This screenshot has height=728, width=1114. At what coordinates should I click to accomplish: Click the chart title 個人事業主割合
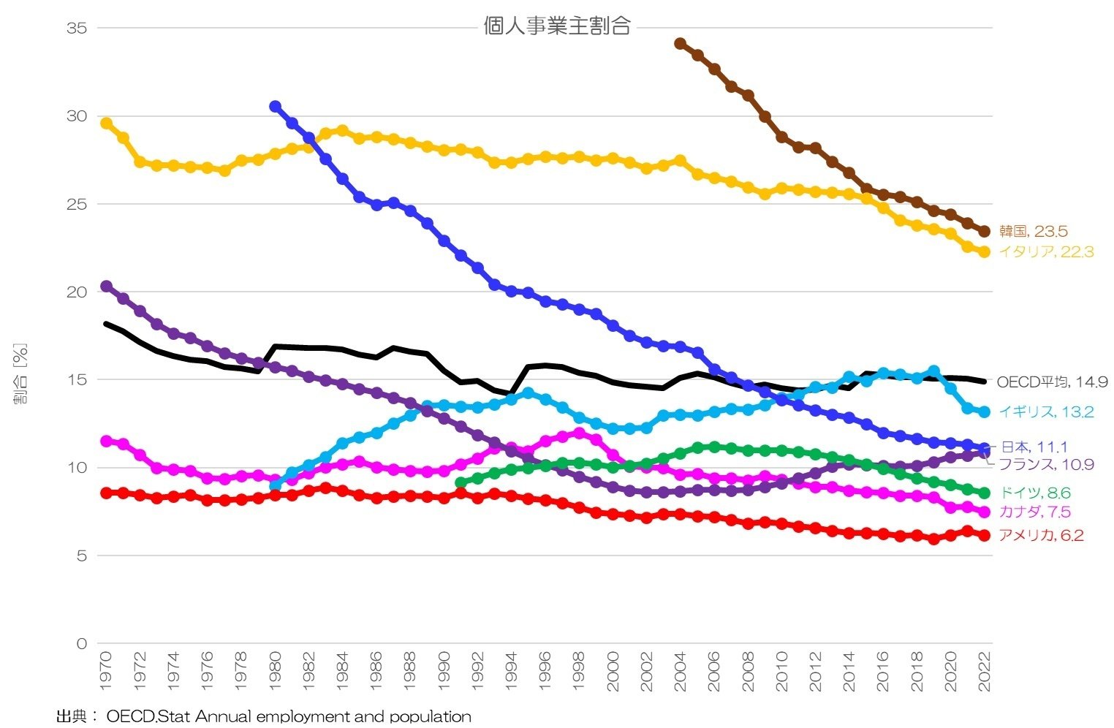tap(556, 27)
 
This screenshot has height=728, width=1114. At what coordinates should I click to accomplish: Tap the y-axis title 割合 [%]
tap(20, 374)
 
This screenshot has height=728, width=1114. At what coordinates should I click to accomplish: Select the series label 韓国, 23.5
tap(1033, 232)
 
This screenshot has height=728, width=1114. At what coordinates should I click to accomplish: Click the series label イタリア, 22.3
tap(1046, 252)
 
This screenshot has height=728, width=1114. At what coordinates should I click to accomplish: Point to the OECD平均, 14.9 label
tap(1052, 382)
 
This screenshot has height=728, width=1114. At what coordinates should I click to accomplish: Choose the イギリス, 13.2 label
tap(1046, 412)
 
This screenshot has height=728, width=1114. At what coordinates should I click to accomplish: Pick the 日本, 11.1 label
tap(1034, 447)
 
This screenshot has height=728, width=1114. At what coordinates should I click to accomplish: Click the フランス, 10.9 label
tap(1046, 465)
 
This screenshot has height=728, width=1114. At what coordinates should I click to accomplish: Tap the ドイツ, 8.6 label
tap(1034, 493)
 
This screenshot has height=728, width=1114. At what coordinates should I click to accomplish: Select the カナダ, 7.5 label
tap(1034, 512)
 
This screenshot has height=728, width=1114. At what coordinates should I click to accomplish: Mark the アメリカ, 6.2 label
tap(1041, 536)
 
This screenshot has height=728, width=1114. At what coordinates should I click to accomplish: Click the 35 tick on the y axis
tap(77, 29)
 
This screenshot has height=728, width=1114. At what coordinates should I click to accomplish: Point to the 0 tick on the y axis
tap(81, 644)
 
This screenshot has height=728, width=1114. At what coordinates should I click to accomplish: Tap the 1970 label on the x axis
tap(106, 671)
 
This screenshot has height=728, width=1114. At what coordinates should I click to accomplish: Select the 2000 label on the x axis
tap(613, 671)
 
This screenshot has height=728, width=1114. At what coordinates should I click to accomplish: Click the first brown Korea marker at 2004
tap(681, 44)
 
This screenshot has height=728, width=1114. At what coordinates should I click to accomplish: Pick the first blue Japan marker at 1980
tap(276, 107)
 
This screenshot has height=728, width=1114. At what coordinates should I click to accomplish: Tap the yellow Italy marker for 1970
tap(106, 124)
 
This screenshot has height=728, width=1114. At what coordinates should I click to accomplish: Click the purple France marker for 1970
tap(106, 287)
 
